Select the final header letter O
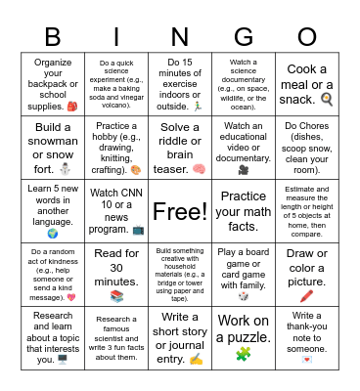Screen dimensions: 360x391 pyautogui.click(x=306, y=38)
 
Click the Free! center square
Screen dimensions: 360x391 pyautogui.click(x=179, y=211)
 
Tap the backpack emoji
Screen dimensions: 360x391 pyautogui.click(x=72, y=105)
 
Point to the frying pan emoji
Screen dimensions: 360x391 pyautogui.click(x=327, y=99)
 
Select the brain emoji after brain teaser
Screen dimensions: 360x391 pyautogui.click(x=198, y=168)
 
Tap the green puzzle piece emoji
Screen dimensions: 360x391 pyautogui.click(x=243, y=354)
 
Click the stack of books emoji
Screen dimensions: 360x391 pyautogui.click(x=116, y=296)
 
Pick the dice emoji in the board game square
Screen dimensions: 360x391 pyautogui.click(x=243, y=296)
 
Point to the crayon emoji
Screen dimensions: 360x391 pyautogui.click(x=306, y=295)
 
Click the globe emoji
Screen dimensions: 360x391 pyautogui.click(x=52, y=234)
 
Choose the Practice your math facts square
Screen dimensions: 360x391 pyautogui.click(x=243, y=211)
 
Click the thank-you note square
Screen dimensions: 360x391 pyautogui.click(x=306, y=337)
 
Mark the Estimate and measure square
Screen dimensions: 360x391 pyautogui.click(x=306, y=211)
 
